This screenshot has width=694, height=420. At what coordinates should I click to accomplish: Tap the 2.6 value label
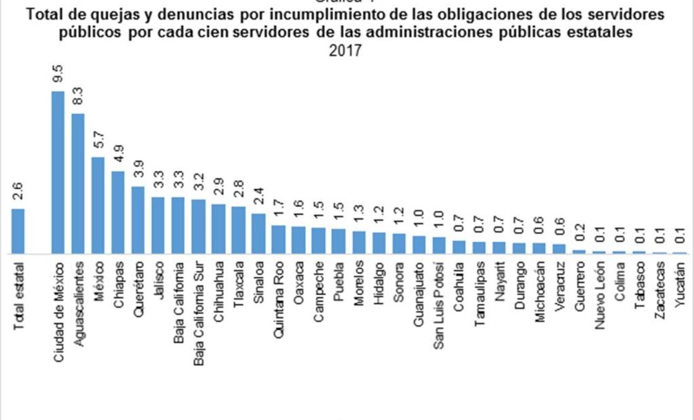18,190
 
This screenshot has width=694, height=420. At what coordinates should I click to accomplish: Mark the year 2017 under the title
346,50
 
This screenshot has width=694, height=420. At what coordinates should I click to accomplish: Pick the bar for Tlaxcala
238,230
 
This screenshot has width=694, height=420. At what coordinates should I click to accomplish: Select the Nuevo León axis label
599,287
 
